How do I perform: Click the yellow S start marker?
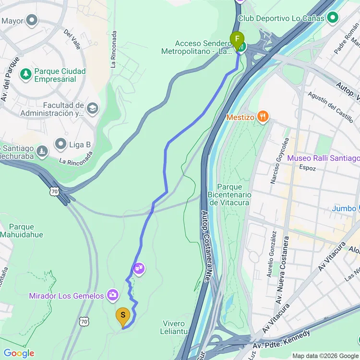[x=123, y=315]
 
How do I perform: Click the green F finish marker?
[x=237, y=39]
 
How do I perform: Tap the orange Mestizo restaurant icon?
[x=263, y=116]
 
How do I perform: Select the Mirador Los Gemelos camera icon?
[x=113, y=295]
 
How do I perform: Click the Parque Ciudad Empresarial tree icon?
[x=25, y=74]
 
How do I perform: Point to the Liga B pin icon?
[x=60, y=144]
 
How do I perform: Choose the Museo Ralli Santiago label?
[x=323, y=158]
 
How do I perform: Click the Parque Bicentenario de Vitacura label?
[x=229, y=194]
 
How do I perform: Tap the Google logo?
[x=19, y=354]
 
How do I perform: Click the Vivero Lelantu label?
[x=174, y=327]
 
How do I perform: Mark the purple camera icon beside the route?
[x=139, y=268]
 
